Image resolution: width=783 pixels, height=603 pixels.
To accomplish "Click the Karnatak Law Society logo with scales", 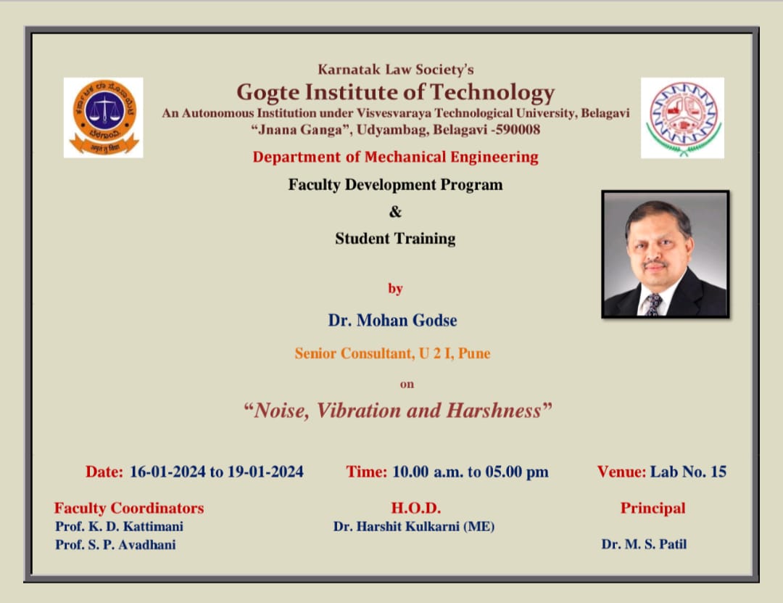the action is (104, 118).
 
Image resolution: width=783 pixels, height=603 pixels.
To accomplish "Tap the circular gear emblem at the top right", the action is (683, 118).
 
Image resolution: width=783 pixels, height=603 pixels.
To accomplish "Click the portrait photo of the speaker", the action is (665, 254).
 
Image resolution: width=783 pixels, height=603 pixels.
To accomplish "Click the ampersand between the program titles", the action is (395, 212).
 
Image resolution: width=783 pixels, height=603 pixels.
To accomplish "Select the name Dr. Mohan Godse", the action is (392, 320).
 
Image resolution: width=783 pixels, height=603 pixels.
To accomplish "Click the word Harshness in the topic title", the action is (494, 411).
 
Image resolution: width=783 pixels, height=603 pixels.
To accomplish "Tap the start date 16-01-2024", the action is (167, 472).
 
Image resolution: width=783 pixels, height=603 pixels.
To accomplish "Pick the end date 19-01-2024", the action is (265, 472).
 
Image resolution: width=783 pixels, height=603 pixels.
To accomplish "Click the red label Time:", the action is (367, 472).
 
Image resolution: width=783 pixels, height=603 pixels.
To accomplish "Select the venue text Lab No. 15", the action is (688, 472).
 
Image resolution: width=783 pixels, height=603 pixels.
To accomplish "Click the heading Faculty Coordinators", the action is (129, 508).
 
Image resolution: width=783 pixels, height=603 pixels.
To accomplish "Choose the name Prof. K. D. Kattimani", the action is (120, 527).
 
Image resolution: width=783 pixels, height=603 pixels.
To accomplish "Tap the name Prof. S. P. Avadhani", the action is (115, 544).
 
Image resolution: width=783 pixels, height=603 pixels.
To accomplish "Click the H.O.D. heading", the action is (416, 508).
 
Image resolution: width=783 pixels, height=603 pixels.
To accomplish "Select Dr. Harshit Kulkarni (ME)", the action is (414, 527).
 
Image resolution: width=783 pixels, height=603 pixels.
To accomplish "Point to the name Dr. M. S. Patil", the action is (645, 544).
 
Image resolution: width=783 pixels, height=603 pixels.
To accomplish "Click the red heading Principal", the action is (652, 508).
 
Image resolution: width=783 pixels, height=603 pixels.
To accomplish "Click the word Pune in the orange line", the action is (474, 353).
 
